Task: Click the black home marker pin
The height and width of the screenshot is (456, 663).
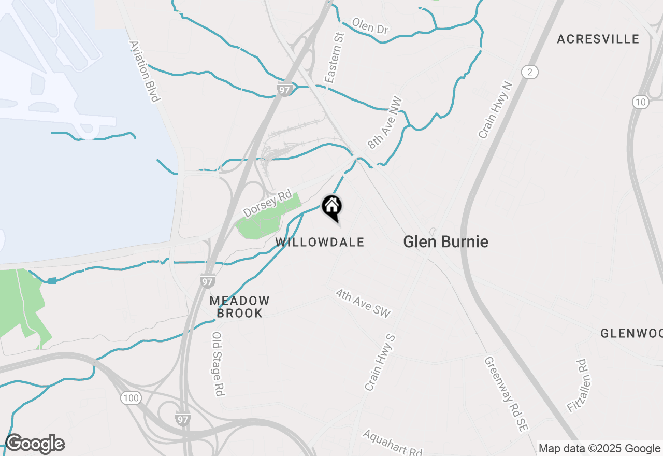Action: pos(331,208)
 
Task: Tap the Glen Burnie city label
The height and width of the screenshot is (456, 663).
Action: pos(445,241)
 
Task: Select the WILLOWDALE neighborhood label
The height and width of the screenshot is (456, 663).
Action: pos(320,242)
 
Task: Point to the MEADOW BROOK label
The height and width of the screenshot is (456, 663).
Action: pos(240,307)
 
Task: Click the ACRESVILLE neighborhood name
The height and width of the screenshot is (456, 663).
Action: pos(598,39)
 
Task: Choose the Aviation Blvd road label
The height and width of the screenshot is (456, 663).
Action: pos(145,72)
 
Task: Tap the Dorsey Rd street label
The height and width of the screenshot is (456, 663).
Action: pos(267,203)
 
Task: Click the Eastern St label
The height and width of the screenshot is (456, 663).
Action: pos(335,58)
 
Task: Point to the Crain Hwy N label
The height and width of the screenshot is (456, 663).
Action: pos(495,110)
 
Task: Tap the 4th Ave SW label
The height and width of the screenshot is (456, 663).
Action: pos(363,303)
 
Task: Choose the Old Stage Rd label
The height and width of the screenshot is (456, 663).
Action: pos(218,364)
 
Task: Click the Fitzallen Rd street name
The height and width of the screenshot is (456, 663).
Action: pos(576,386)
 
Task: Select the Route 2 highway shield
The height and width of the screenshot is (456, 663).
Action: pos(529,72)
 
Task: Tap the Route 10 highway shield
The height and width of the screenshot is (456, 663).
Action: pos(641,102)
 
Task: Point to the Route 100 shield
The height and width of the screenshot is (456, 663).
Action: pos(131,398)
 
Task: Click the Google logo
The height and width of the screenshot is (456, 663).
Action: pos(35,444)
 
